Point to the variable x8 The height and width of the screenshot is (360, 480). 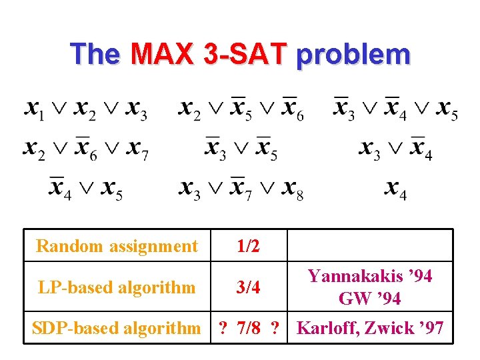pyautogui.click(x=292, y=189)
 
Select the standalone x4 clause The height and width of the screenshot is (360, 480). pyautogui.click(x=395, y=189)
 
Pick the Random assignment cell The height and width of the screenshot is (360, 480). pyautogui.click(x=117, y=246)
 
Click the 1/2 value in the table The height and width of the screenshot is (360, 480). pyautogui.click(x=248, y=246)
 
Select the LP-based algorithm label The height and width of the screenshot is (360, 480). pyautogui.click(x=117, y=287)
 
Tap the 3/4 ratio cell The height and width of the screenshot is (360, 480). pyautogui.click(x=248, y=287)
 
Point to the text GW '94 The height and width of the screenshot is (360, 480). pyautogui.click(x=370, y=299)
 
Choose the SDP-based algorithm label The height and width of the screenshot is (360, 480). pyautogui.click(x=117, y=328)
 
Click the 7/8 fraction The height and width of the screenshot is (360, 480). pyautogui.click(x=248, y=328)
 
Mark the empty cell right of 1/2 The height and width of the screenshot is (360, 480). pyautogui.click(x=370, y=246)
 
